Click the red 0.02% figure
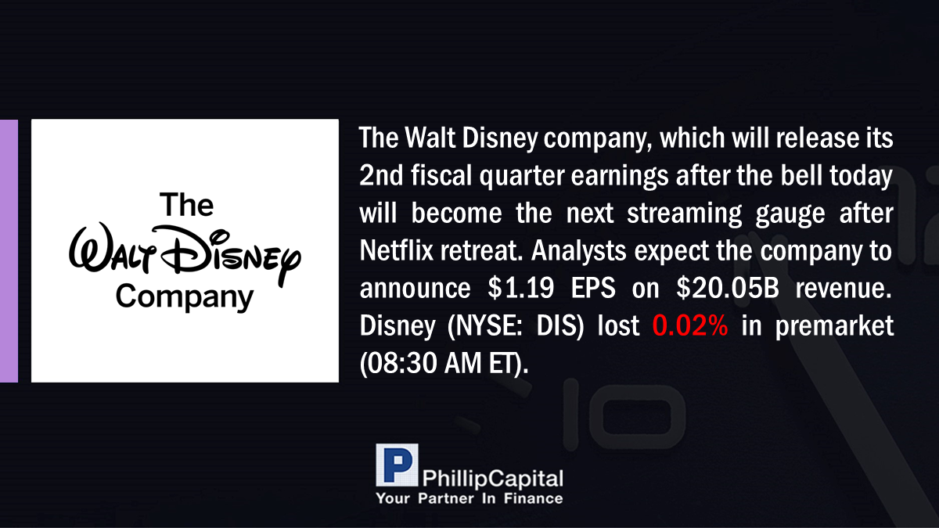690,325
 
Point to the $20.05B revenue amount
727,288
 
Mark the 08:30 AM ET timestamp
444,363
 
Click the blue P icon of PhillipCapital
397,465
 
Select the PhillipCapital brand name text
492,479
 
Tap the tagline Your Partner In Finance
469,498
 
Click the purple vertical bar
9,250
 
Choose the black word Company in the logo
185,296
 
